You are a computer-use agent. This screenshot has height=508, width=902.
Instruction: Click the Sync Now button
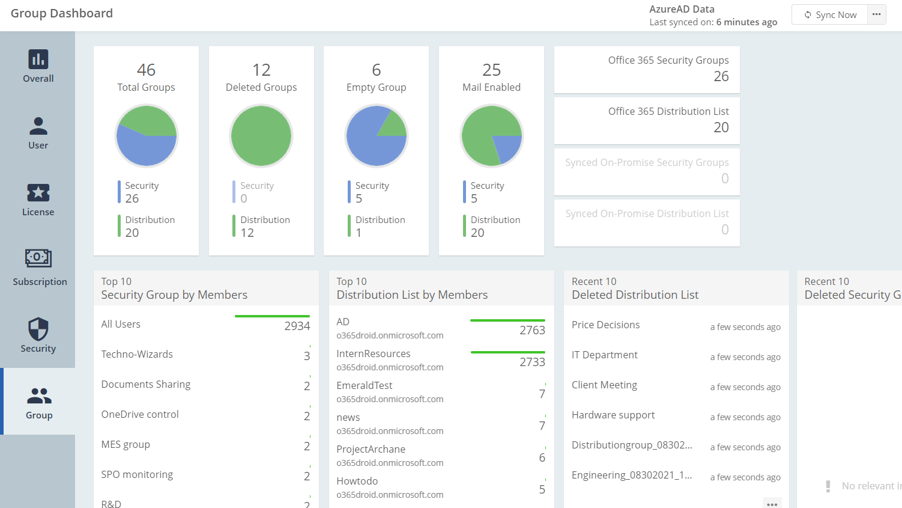click(x=831, y=15)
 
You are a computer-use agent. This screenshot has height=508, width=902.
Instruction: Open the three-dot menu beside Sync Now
click(x=877, y=14)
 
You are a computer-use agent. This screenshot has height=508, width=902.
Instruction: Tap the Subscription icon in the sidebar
click(x=38, y=258)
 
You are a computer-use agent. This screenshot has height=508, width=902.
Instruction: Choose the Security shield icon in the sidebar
click(x=38, y=329)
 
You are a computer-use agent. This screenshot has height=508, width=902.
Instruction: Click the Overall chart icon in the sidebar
click(x=38, y=60)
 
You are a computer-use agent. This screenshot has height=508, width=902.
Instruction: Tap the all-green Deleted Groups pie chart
click(x=261, y=136)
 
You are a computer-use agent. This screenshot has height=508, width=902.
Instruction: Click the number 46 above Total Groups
click(x=146, y=70)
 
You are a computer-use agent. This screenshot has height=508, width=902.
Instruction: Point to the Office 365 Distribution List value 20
click(x=721, y=127)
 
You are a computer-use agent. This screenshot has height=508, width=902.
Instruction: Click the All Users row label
click(x=121, y=324)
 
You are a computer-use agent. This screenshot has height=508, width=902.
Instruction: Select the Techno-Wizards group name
click(x=137, y=354)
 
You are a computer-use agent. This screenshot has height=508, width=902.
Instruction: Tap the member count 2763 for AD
click(x=532, y=330)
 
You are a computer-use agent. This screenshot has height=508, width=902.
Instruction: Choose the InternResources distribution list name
click(x=374, y=353)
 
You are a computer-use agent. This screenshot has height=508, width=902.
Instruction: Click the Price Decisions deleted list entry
click(x=605, y=325)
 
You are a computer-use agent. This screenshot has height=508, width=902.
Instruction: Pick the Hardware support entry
click(x=613, y=415)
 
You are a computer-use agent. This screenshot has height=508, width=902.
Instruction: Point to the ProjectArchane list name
click(x=371, y=449)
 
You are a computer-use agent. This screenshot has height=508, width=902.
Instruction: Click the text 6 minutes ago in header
click(x=746, y=22)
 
